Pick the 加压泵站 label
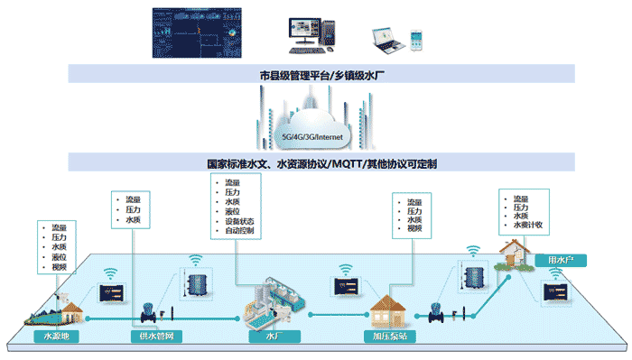click(x=389, y=337)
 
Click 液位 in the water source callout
click(x=59, y=257)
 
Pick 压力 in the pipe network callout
click(x=133, y=209)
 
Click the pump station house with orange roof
click(x=389, y=309)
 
